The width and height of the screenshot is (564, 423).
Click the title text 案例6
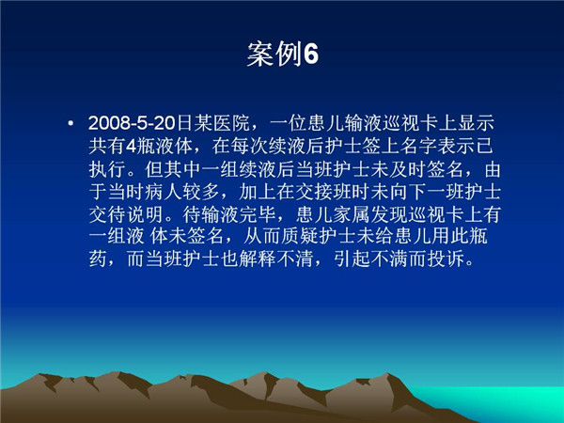[x=283, y=54]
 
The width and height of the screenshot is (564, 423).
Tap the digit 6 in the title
[x=311, y=55]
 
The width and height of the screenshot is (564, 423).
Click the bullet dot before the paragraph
[x=70, y=124]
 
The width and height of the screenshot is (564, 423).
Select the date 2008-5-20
[x=132, y=123]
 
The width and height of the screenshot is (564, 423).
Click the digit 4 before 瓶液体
[x=131, y=146]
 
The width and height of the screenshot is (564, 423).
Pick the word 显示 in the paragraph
[x=476, y=123]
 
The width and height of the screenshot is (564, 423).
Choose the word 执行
[x=107, y=168]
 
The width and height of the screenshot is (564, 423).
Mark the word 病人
[x=164, y=191]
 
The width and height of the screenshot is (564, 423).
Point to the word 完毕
[x=258, y=213]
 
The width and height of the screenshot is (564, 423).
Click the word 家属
[x=351, y=213]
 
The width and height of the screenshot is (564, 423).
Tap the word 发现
[x=388, y=213]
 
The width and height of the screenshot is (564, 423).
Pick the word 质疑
[x=300, y=236]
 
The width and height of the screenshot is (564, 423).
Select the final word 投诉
[x=446, y=259]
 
